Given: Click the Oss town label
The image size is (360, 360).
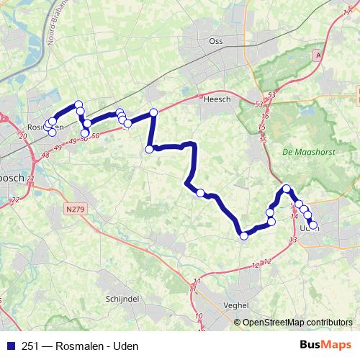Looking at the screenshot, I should pos(216,42).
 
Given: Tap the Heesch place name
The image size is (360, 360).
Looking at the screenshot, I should pos(217,100).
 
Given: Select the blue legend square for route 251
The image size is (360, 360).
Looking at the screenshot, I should pos(9,346).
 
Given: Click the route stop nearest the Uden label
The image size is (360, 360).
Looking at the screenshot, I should pos(312,225).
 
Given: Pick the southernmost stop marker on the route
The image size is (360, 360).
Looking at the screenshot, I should pos(244,235).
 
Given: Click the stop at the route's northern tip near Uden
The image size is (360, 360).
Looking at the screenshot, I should pos(287,189).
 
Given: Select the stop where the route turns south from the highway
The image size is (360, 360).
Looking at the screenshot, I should pos(153,112).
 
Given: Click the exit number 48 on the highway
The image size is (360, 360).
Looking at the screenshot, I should pos(47,153).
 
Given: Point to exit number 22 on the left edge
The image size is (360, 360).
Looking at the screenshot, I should pos(15,200).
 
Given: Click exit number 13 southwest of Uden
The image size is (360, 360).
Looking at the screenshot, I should pos(292,239).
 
